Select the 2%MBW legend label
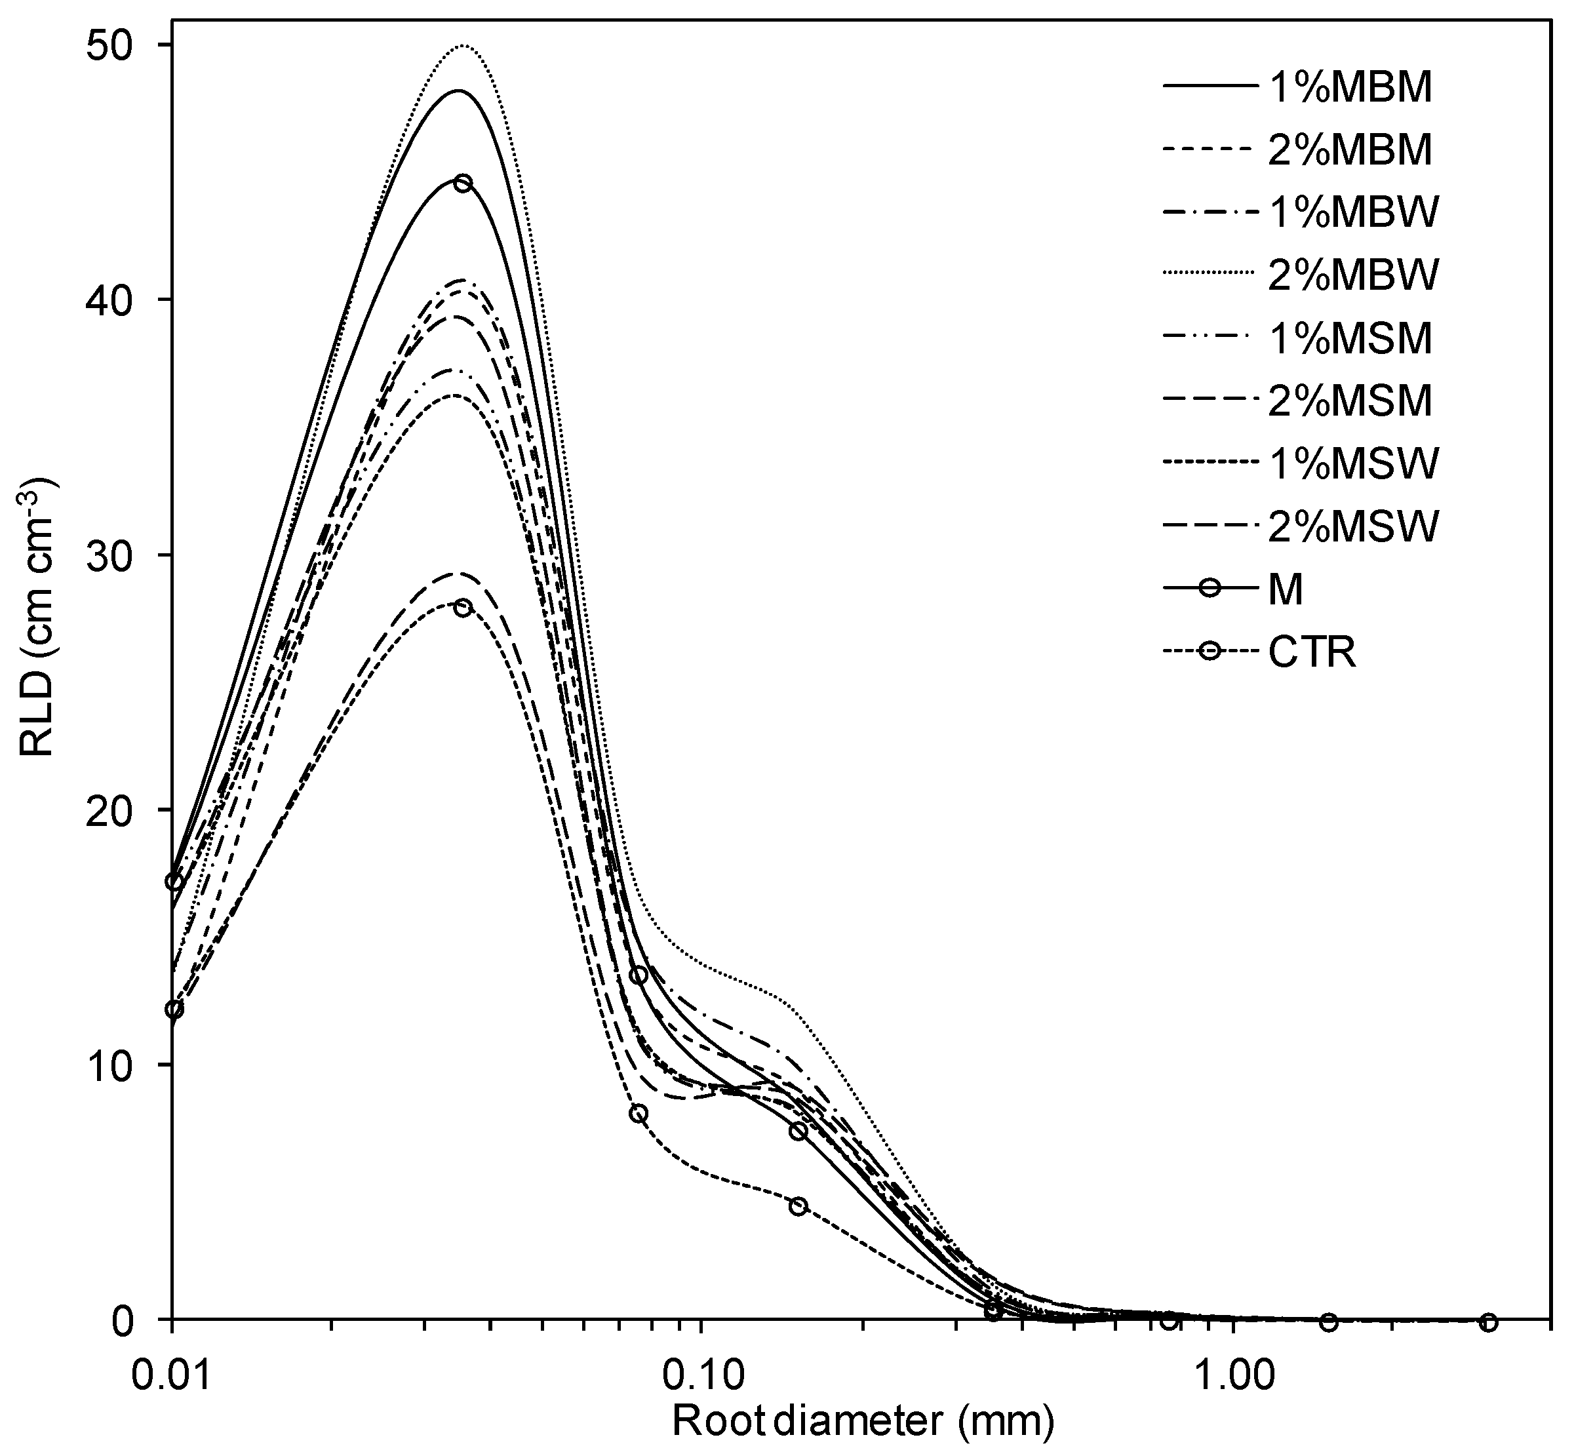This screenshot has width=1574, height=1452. (1353, 275)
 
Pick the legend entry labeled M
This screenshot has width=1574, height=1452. (1286, 591)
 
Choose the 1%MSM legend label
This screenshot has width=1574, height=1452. (1350, 339)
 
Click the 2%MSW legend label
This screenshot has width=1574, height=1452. (1353, 527)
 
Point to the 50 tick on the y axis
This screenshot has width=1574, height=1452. (119, 46)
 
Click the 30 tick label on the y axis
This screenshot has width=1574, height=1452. (119, 555)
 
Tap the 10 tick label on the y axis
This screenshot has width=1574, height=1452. (119, 1065)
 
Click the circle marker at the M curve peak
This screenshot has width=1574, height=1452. (463, 183)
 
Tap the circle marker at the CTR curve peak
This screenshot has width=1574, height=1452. (463, 608)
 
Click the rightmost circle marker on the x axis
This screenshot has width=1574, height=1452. (1487, 1322)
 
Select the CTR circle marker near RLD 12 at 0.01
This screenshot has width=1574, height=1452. (174, 1009)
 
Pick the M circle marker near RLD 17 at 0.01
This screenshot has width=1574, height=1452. (174, 882)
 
